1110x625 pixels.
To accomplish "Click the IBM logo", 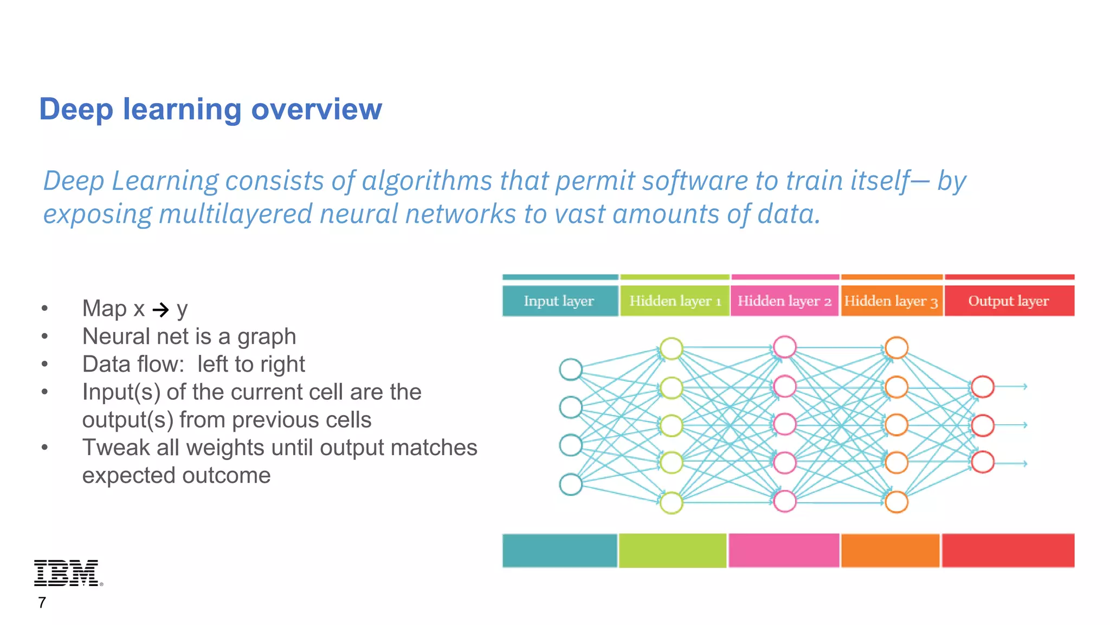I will [x=67, y=573].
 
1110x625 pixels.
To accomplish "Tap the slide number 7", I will [x=42, y=603].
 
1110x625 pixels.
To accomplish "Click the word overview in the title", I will [x=317, y=109].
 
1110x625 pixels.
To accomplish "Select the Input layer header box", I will [x=559, y=301].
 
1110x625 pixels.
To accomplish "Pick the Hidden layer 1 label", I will [x=675, y=301].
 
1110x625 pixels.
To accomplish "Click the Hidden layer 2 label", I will [x=784, y=301].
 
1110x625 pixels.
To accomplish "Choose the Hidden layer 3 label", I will [x=890, y=301].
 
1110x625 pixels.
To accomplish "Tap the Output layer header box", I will [x=1009, y=301].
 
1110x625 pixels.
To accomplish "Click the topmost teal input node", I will [x=571, y=369].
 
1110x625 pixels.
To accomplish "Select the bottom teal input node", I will [x=571, y=484].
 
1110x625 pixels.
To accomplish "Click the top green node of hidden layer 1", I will [x=672, y=349].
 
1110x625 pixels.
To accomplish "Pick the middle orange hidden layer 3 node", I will [x=896, y=425].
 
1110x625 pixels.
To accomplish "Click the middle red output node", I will [x=983, y=425].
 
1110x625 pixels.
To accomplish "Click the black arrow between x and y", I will [x=161, y=310].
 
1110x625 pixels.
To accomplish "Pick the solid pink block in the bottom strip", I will [x=784, y=551].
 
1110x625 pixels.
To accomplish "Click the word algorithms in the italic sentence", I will [x=427, y=181].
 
